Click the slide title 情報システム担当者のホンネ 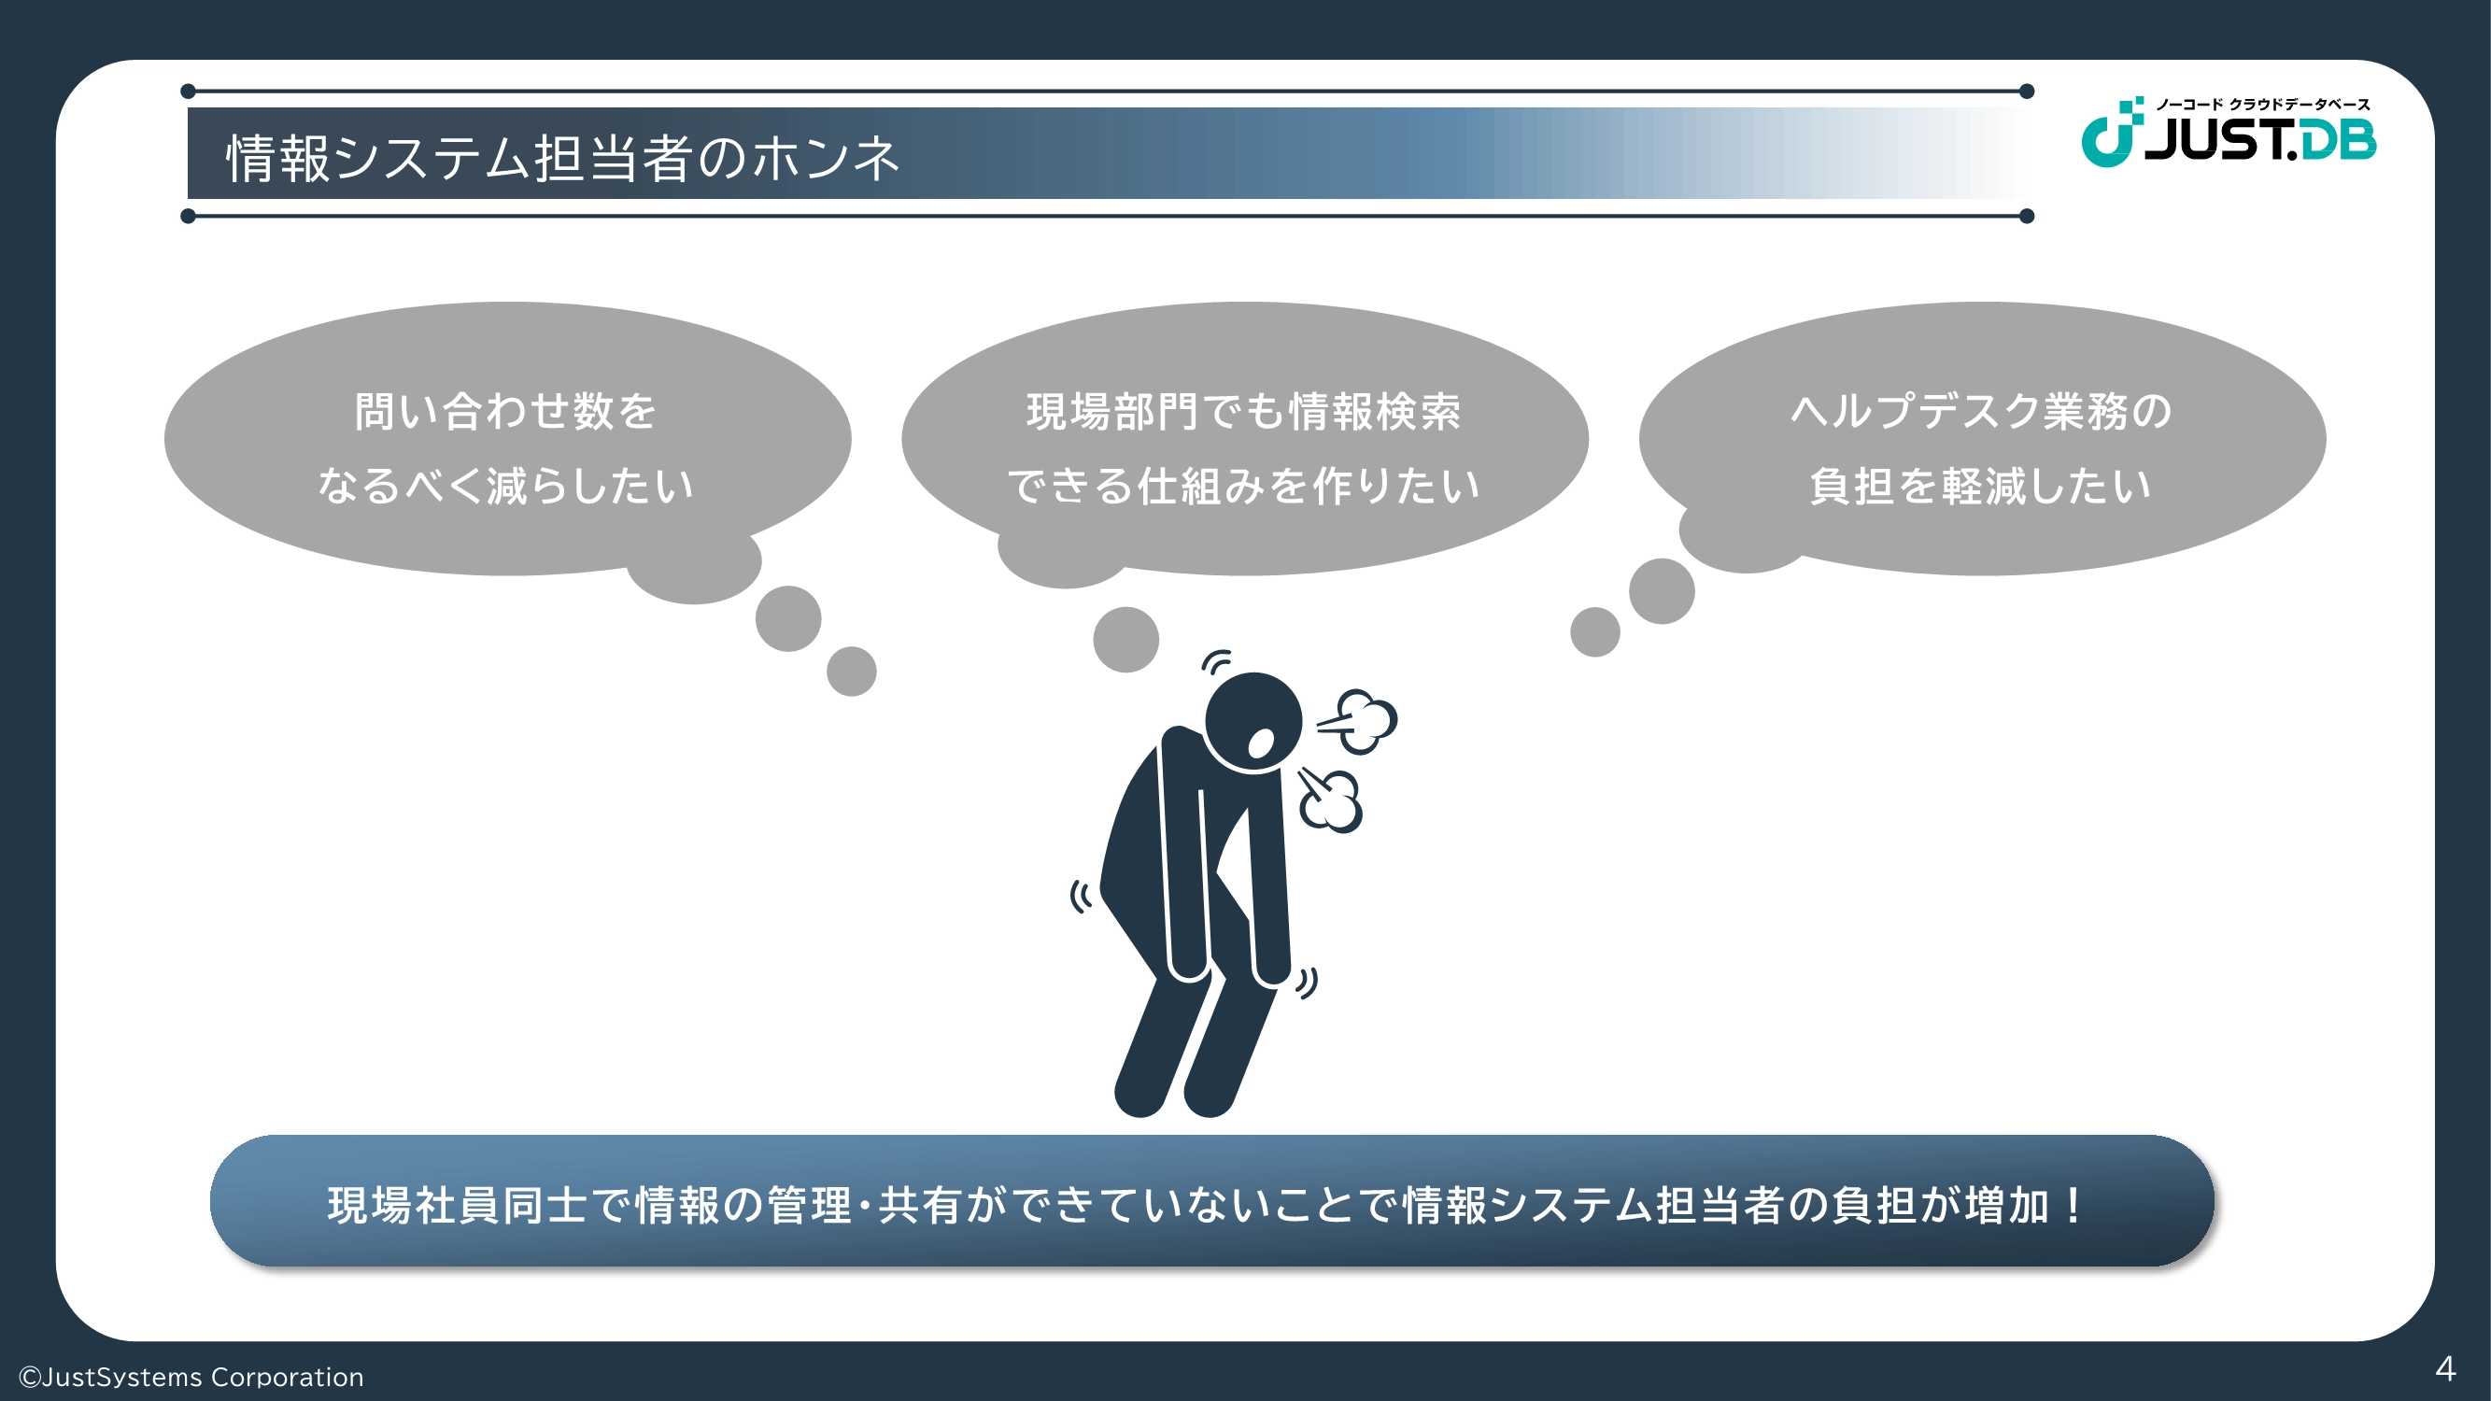pos(563,158)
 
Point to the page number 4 pos(2444,1368)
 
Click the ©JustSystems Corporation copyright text pos(191,1377)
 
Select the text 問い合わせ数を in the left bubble pos(505,411)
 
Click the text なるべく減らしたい pos(505,486)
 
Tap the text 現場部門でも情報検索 pos(1243,411)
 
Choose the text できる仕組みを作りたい pos(1243,486)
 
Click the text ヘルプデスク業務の pos(1981,411)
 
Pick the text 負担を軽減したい pos(1981,486)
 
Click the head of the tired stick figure pos(1253,722)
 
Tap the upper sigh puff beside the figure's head pos(1360,720)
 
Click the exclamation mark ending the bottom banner pos(2073,1205)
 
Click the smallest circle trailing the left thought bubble pos(852,671)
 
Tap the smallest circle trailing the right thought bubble pos(1595,632)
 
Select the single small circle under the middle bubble pos(1125,639)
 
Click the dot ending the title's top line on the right pos(2027,92)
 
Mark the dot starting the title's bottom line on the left pos(189,216)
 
